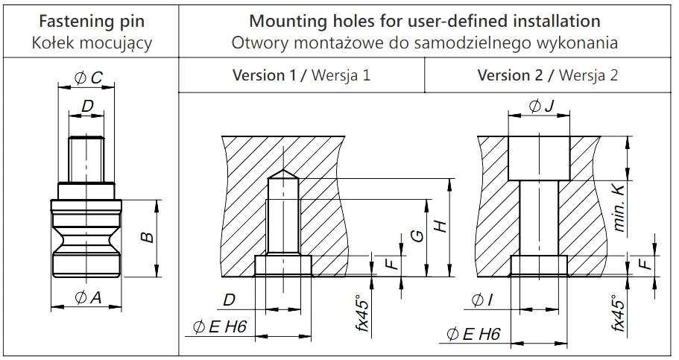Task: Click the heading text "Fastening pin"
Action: (x=92, y=21)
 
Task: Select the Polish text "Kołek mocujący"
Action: (x=92, y=43)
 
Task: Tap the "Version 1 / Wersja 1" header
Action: (x=301, y=75)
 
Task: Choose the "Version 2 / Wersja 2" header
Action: (x=547, y=75)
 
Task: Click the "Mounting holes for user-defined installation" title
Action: (x=425, y=21)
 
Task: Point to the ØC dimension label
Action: (x=88, y=78)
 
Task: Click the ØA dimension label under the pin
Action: (x=88, y=297)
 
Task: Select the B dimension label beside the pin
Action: (x=148, y=238)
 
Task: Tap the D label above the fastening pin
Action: (x=87, y=106)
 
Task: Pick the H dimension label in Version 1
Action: (x=440, y=226)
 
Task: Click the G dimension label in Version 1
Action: (x=417, y=236)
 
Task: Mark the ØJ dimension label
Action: (x=541, y=105)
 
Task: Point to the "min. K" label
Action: (x=619, y=209)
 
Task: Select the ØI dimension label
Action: (x=481, y=300)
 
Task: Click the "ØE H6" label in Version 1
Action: (x=220, y=326)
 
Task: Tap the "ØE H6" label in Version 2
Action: (x=473, y=334)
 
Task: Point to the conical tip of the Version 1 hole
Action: (x=283, y=173)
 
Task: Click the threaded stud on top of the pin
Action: (x=86, y=159)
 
